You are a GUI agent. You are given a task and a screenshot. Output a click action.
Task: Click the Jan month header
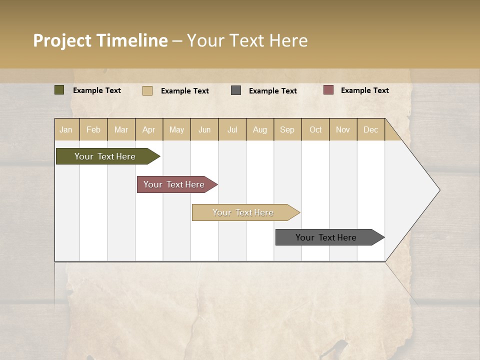coord(66,129)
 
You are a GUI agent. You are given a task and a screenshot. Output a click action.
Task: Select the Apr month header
coord(149,129)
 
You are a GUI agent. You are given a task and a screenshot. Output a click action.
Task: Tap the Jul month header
coord(232,129)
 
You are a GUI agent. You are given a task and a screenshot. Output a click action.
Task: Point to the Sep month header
coord(287,129)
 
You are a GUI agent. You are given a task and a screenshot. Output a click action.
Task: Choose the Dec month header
coord(370,129)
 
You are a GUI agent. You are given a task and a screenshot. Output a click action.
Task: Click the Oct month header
coord(315,129)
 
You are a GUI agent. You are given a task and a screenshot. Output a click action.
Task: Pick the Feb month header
coord(93,129)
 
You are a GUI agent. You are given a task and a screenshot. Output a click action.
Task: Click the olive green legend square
coord(59,90)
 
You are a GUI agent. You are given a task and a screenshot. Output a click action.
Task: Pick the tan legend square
coord(147,90)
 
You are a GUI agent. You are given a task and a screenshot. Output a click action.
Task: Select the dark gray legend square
coord(236,90)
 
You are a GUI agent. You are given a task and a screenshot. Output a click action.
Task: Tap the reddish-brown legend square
coord(328,90)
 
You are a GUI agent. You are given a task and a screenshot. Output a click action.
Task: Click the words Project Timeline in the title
coord(100,40)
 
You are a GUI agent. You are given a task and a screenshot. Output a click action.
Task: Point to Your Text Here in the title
coord(247,40)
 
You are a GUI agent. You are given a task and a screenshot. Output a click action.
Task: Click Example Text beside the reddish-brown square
coord(364,90)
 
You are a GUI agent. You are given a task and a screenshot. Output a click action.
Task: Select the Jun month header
coord(204,129)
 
